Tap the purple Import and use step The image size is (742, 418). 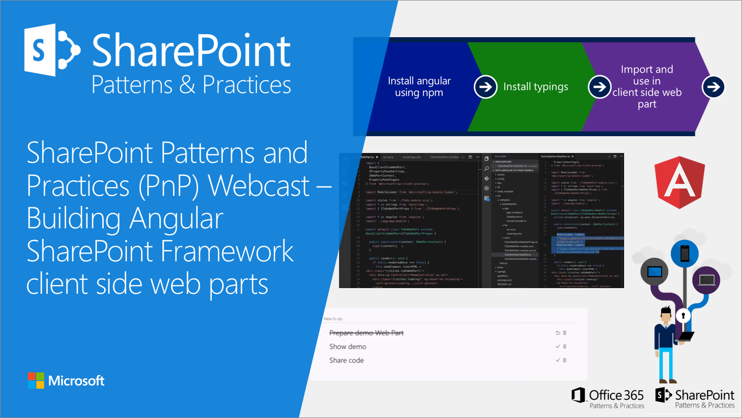pos(647,86)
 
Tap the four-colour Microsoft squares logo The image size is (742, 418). pos(36,381)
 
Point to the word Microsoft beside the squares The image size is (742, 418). pos(77,381)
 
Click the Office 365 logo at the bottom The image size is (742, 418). pos(608,398)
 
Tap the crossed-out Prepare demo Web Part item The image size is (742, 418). pos(366,333)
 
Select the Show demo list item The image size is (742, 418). pos(347,347)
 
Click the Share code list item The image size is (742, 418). pos(346,360)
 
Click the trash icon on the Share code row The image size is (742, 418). pos(564,360)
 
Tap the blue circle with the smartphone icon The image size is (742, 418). pos(684,254)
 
